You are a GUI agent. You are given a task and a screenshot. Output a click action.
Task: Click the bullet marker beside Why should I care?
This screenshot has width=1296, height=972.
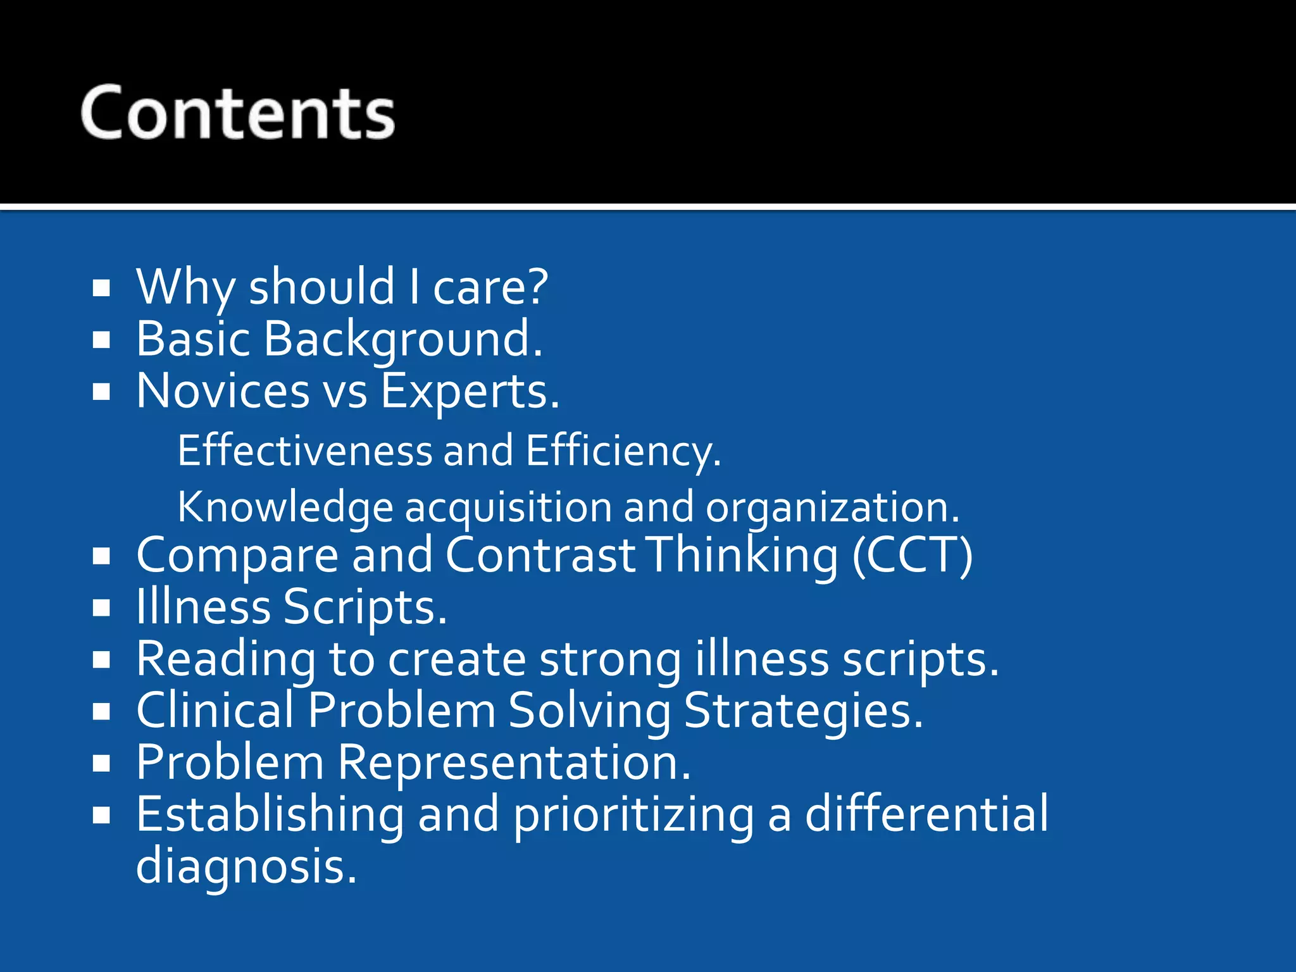(101, 289)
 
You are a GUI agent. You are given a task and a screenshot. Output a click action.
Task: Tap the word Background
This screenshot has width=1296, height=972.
(402, 339)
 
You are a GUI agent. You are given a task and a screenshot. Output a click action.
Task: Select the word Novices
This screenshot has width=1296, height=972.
(223, 391)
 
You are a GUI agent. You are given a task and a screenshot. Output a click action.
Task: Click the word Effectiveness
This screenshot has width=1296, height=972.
(304, 451)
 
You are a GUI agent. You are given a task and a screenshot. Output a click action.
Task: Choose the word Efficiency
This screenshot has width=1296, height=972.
(623, 452)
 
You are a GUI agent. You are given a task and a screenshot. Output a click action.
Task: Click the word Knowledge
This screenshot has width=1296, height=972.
(285, 508)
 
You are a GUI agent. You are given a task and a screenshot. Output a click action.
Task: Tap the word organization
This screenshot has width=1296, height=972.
(832, 508)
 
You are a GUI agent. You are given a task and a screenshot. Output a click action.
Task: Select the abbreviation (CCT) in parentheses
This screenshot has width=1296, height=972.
(912, 556)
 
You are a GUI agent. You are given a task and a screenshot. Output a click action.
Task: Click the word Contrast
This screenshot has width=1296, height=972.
(540, 555)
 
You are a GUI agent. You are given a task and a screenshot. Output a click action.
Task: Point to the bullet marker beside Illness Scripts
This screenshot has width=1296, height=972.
(101, 608)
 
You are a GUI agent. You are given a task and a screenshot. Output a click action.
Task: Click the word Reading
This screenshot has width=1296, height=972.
(226, 660)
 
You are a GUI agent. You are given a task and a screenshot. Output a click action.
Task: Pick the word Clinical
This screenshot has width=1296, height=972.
(215, 710)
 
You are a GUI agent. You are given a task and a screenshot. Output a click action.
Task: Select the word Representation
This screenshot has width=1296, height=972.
(514, 763)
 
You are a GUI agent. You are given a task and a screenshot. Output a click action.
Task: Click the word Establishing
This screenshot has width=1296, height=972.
(270, 814)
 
